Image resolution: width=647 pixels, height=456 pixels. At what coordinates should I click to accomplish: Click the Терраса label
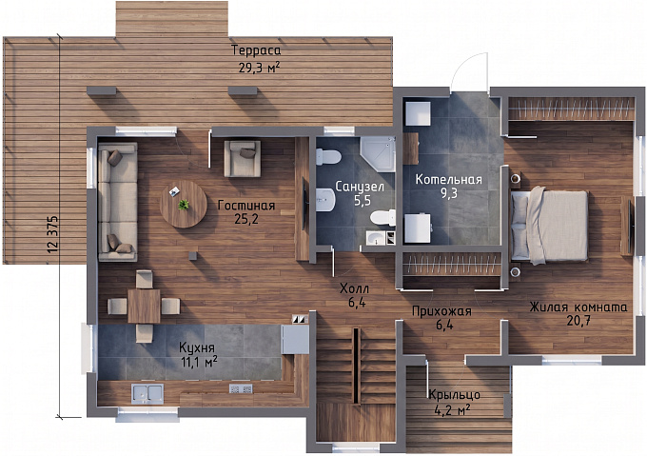tap(256, 50)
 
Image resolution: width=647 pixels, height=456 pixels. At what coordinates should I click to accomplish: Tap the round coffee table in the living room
tap(184, 204)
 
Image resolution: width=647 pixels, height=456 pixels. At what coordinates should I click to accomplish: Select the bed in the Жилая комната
tap(550, 226)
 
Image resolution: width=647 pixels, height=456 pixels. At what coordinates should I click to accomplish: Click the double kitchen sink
tap(147, 393)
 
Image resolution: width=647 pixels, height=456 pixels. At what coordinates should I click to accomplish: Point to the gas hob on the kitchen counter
tap(241, 388)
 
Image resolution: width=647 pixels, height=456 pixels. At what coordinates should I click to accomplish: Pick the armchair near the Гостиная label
tap(243, 158)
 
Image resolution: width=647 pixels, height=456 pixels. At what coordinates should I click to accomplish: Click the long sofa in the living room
tap(118, 202)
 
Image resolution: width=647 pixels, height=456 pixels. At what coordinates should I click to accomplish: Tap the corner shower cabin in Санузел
tap(378, 154)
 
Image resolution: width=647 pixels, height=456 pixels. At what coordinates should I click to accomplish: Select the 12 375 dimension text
tap(53, 234)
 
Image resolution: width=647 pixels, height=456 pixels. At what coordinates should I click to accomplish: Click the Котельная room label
tap(448, 180)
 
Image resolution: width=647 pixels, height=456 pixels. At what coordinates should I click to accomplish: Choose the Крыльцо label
tap(454, 395)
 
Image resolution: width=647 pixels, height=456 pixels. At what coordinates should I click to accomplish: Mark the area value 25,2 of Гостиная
tap(246, 219)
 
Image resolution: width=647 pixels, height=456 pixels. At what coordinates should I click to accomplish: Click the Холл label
tap(355, 288)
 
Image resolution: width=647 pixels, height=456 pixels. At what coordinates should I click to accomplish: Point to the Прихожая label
tap(441, 311)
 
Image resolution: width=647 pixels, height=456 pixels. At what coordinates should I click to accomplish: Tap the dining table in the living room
tap(144, 307)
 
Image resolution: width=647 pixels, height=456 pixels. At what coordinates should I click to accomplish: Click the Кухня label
tap(197, 347)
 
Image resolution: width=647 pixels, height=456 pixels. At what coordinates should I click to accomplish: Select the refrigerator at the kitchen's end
tap(295, 339)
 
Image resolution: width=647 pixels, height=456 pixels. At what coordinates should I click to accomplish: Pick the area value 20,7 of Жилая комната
tap(578, 321)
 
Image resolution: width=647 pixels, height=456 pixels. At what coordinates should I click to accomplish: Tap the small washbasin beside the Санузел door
tap(376, 238)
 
